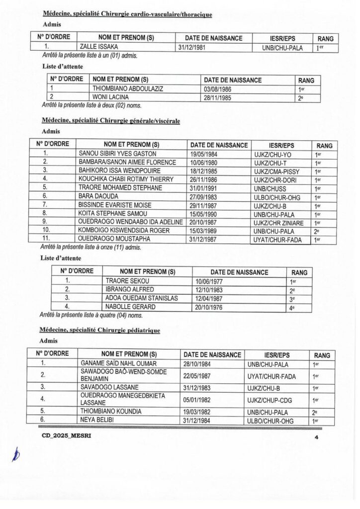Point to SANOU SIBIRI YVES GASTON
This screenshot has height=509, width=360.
coord(118,154)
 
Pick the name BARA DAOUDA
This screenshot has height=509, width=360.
coord(96,196)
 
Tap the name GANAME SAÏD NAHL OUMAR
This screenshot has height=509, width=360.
coord(118,364)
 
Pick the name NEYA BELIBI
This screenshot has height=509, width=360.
coord(96,420)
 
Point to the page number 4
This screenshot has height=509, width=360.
coord(316,436)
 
